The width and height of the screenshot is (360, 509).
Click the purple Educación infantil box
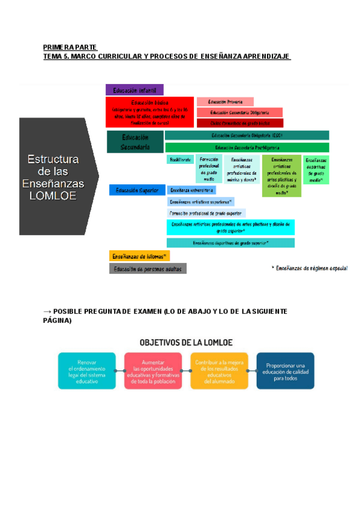click(134, 90)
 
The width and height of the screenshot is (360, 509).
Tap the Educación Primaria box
click(225, 102)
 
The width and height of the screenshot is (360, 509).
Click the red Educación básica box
click(150, 112)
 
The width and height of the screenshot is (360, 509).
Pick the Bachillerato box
click(179, 160)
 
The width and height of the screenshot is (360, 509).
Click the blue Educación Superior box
click(137, 190)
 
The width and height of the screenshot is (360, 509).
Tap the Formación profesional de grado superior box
click(206, 213)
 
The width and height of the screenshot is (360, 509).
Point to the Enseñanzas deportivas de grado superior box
click(230, 243)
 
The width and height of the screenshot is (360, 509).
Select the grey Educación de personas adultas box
click(148, 269)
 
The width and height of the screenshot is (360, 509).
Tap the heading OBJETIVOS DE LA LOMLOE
click(185, 343)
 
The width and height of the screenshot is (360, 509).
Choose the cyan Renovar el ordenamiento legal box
click(87, 371)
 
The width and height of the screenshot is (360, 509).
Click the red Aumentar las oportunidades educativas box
click(154, 371)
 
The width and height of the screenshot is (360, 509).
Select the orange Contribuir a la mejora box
click(219, 371)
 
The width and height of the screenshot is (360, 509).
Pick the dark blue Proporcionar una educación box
click(285, 371)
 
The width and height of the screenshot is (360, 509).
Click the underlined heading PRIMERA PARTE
click(70, 47)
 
